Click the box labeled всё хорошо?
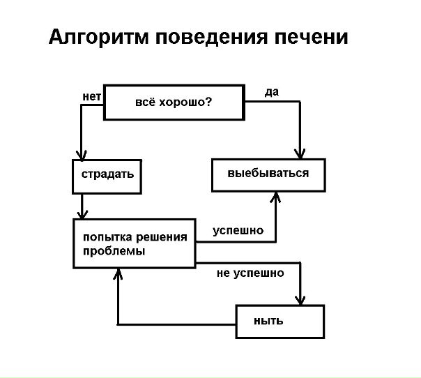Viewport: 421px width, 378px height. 174,103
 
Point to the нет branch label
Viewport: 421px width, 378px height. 92,96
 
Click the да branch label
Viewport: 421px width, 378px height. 273,92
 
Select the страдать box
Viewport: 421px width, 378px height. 107,176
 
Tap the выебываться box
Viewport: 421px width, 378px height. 268,174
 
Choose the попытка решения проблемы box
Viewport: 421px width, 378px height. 135,243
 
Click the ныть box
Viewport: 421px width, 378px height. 280,322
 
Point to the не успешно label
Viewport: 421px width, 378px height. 250,273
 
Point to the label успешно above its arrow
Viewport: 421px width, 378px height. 238,230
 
